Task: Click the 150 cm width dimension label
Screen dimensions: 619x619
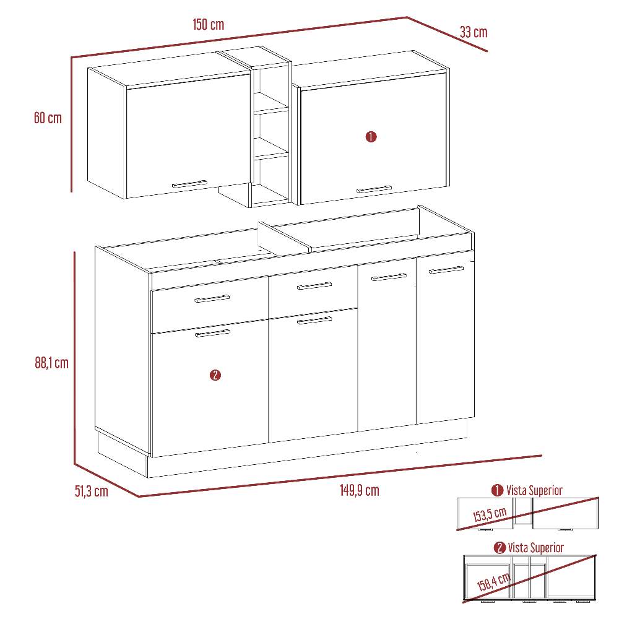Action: [x=208, y=25]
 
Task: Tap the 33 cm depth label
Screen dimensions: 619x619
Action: [x=474, y=32]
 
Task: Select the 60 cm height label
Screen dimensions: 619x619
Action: [x=48, y=118]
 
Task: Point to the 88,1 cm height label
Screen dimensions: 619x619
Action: [x=52, y=363]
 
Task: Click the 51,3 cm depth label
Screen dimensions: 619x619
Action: [x=91, y=491]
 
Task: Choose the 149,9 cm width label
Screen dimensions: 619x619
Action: [x=359, y=490]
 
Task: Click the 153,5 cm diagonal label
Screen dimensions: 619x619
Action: [x=490, y=514]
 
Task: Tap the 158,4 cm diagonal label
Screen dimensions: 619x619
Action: [x=493, y=582]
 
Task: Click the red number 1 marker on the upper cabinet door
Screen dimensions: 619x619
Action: [x=371, y=137]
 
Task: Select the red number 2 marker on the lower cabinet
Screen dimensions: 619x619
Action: [x=215, y=375]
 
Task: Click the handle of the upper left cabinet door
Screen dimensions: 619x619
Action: [x=189, y=184]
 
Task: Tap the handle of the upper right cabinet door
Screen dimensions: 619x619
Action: [x=374, y=189]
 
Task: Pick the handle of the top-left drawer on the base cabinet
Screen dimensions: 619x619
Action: [x=212, y=298]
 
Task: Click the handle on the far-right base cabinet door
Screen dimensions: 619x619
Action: [x=446, y=270]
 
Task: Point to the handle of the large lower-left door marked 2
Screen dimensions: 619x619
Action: [x=212, y=334]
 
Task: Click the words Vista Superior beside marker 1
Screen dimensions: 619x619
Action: [x=534, y=490]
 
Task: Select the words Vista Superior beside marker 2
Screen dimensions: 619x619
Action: [x=535, y=548]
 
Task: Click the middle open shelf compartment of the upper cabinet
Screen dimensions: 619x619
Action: [x=271, y=134]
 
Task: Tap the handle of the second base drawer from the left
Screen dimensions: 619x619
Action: [x=314, y=286]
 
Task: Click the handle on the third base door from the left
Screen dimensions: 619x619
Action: [x=389, y=277]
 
